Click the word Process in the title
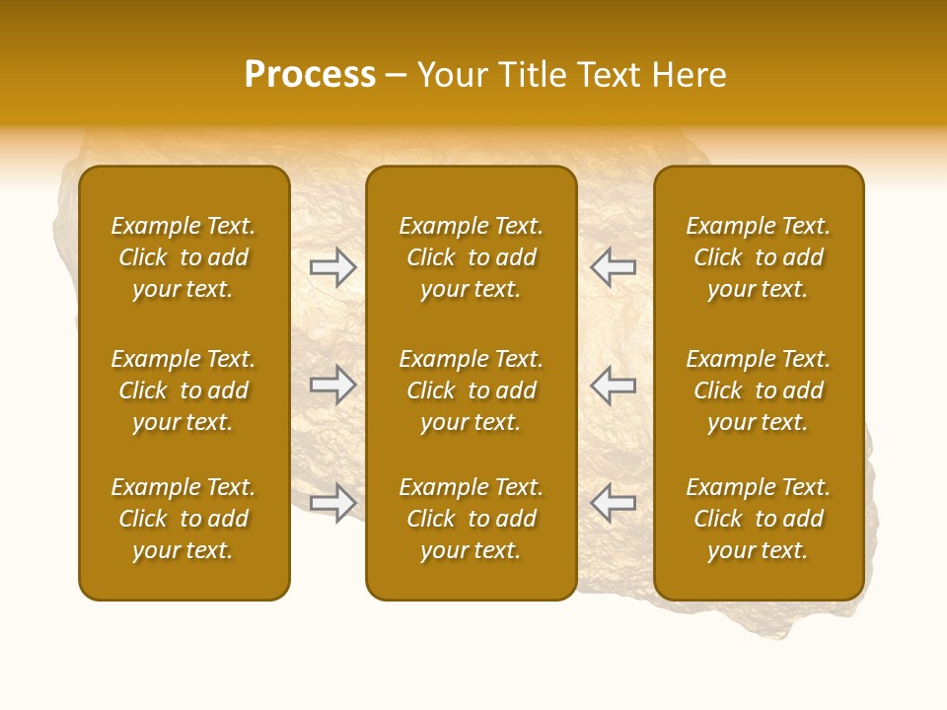[310, 75]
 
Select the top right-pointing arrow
[332, 267]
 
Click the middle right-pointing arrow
[332, 385]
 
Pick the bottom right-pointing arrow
[332, 502]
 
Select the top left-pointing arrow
[614, 267]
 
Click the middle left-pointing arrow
[614, 385]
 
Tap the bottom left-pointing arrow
[614, 502]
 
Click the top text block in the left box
[183, 257]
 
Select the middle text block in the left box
[183, 390]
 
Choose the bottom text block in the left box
[183, 519]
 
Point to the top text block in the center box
[472, 257]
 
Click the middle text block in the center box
[472, 390]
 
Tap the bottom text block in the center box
[472, 519]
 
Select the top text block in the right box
[759, 257]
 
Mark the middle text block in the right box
[759, 390]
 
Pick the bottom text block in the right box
[759, 519]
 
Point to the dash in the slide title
[397, 76]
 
